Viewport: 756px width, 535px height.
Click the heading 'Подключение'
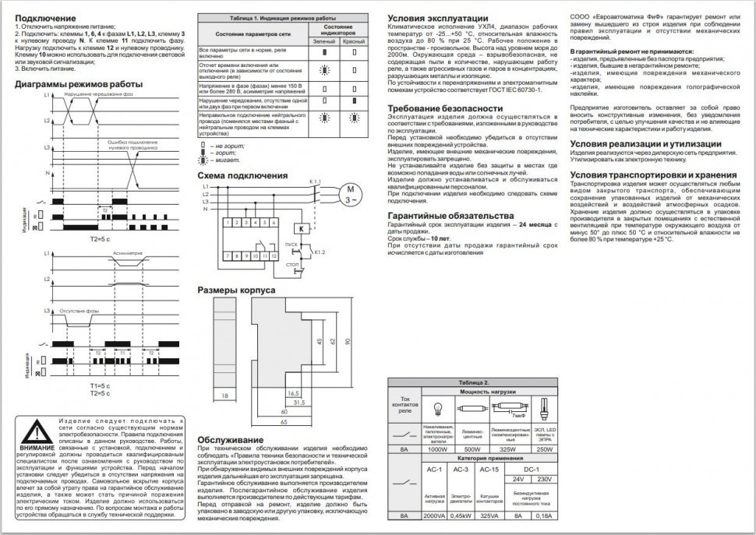coord(46,18)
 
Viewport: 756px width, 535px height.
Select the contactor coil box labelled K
coord(300,228)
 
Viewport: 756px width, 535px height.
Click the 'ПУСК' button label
coord(291,245)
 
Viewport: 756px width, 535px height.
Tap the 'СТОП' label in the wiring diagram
coord(292,265)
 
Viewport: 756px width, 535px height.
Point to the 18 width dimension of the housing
coord(224,396)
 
